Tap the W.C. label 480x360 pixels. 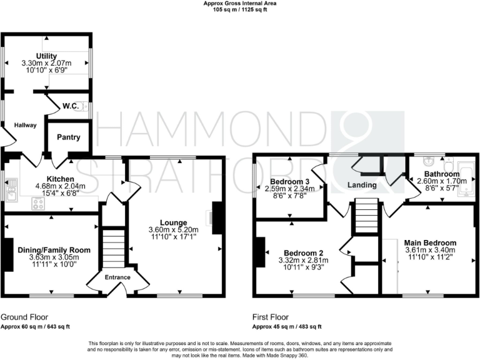click(x=70, y=106)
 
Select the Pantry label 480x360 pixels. click(x=67, y=137)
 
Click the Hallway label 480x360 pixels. click(x=24, y=126)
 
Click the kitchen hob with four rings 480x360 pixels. click(x=39, y=202)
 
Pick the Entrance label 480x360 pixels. click(x=117, y=277)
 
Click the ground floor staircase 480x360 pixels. click(x=113, y=247)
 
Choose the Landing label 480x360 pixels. click(x=362, y=185)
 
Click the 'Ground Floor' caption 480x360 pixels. click(x=24, y=317)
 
